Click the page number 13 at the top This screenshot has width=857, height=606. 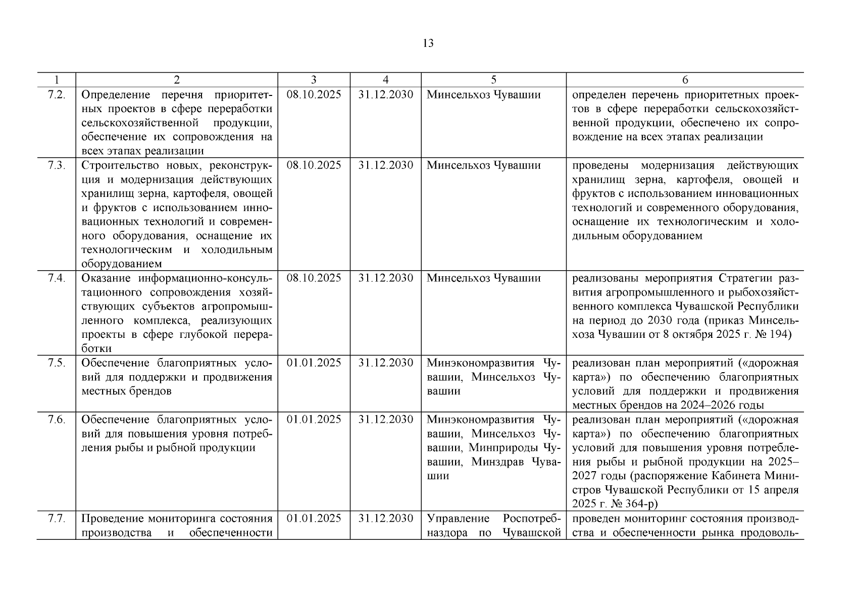click(x=428, y=43)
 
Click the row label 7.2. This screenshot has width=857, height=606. click(x=56, y=95)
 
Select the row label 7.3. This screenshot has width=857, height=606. click(x=56, y=166)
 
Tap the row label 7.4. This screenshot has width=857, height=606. click(x=56, y=278)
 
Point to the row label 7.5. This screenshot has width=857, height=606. click(x=56, y=363)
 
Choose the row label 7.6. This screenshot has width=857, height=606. click(x=56, y=420)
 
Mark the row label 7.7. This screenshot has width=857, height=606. click(x=56, y=519)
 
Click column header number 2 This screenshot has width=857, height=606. click(x=176, y=80)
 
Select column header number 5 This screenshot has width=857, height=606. click(x=493, y=80)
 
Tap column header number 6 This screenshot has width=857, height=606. click(x=685, y=80)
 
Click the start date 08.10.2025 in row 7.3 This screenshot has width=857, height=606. click(x=314, y=166)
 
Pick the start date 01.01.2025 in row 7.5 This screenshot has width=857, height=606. click(x=314, y=363)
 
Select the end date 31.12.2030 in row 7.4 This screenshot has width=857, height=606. click(x=385, y=278)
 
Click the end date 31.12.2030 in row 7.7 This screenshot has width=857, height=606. click(x=385, y=519)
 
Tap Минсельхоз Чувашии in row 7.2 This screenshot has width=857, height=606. click(x=483, y=95)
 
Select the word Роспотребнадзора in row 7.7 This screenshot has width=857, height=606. click(x=532, y=519)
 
